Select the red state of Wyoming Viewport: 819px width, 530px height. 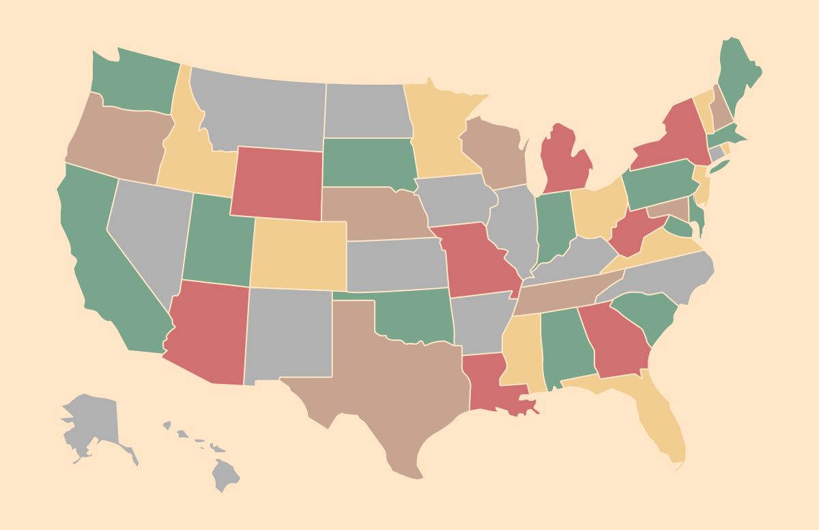[x=276, y=183]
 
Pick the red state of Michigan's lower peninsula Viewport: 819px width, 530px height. [x=566, y=161]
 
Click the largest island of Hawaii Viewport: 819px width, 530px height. [x=225, y=474]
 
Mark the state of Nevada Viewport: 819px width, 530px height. [x=147, y=232]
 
